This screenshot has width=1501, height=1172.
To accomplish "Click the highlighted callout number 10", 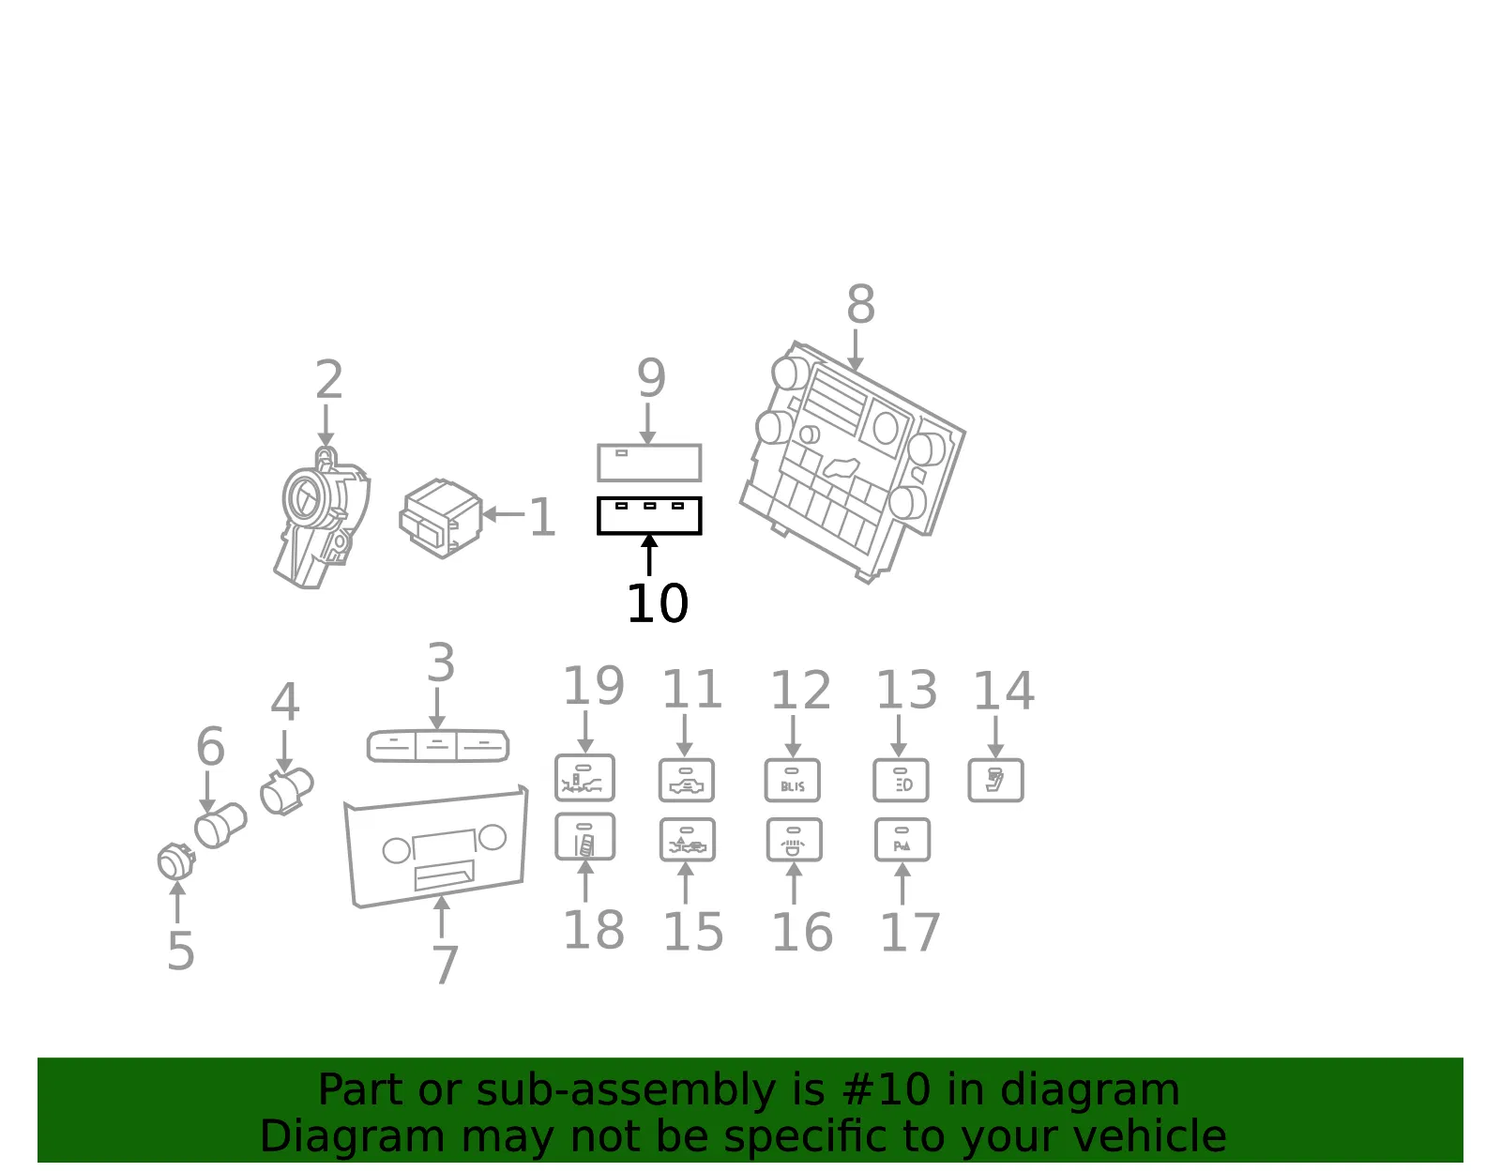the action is coord(657,603).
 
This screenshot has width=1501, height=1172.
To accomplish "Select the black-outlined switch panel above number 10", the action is coord(649,515).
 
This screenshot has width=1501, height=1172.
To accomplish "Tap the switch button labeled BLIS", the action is coord(793,781).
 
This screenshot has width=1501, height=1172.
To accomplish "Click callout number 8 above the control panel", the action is coord(860,305).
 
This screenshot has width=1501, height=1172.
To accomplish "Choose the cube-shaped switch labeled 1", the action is coord(441,518).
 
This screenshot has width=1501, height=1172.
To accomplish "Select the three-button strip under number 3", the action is coord(438,746).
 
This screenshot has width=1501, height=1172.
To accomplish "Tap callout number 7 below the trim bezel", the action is coord(445,965).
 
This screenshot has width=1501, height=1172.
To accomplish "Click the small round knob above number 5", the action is coord(176,861).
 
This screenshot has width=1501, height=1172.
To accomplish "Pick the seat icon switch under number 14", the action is coord(995,781).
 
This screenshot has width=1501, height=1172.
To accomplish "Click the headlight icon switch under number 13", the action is coord(901,781).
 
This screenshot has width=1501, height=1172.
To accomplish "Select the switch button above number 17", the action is coord(902,840).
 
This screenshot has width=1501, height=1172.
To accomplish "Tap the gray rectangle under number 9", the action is coord(649,462).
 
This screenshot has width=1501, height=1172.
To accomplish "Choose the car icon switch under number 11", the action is coord(687,781).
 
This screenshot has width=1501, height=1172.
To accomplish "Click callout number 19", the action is coord(594,686).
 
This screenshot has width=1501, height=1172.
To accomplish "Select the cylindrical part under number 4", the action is coord(287,791).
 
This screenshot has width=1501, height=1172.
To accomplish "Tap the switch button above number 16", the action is coord(795,840).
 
